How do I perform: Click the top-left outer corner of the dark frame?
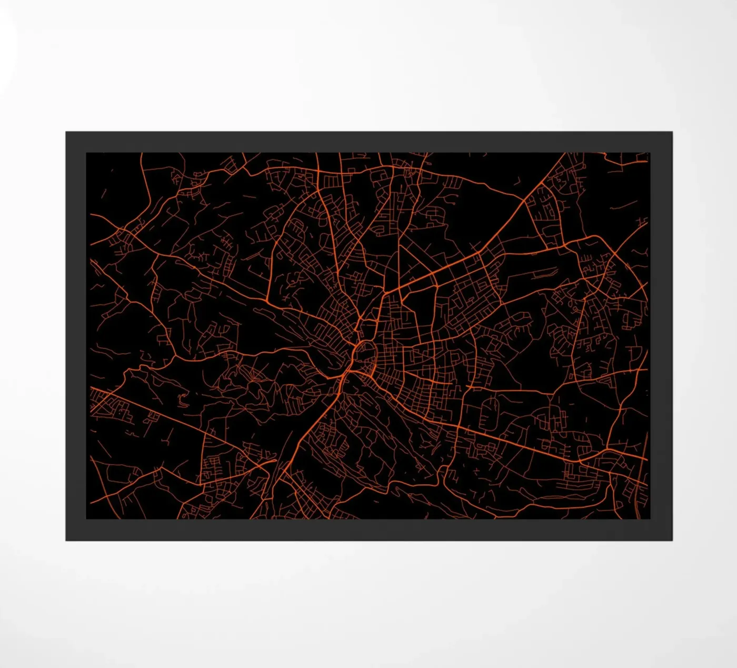coord(66,132)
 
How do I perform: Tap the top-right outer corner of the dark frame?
coord(672,132)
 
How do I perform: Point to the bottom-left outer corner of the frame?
coord(66,540)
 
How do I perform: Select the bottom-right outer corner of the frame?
coord(672,540)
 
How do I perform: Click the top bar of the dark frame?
coord(368,142)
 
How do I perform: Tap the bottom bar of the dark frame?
coord(368,530)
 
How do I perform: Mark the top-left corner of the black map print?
coord(87,153)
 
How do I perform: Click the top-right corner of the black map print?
coord(650,153)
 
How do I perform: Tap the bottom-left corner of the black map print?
coord(87,519)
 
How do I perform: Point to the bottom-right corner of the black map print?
coord(650,519)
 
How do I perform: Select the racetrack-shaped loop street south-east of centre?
coord(490,413)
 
